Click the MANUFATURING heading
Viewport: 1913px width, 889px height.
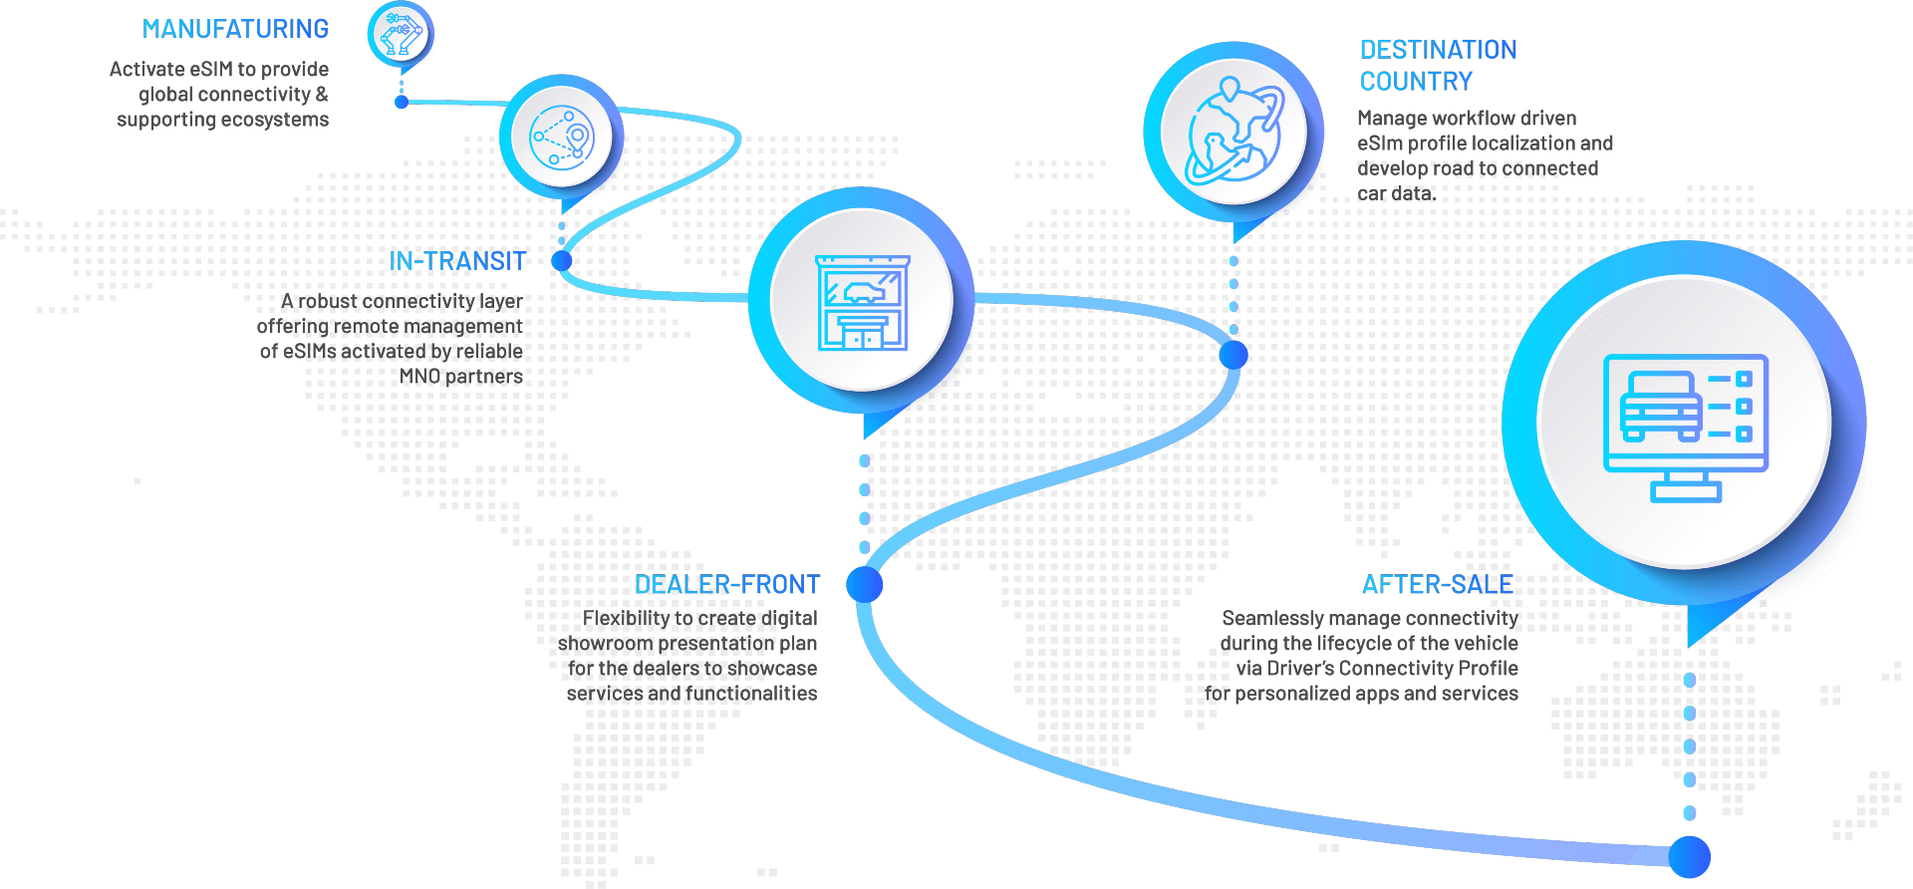coord(235,29)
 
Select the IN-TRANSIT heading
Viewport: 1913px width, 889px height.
coord(457,261)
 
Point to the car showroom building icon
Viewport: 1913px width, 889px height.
coord(863,302)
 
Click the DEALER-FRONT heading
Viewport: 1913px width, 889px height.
coord(727,584)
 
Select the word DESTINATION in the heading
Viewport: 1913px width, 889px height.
coord(1438,50)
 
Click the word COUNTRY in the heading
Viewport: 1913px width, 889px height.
coord(1416,82)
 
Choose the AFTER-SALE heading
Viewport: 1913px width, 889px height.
coord(1438,584)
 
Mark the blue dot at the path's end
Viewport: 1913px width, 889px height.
coord(1690,856)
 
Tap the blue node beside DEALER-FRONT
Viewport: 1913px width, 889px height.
coord(864,584)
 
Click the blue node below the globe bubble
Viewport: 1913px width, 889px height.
coord(1233,354)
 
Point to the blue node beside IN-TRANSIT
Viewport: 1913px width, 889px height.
coord(562,261)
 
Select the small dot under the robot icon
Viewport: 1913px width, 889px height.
coord(402,102)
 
